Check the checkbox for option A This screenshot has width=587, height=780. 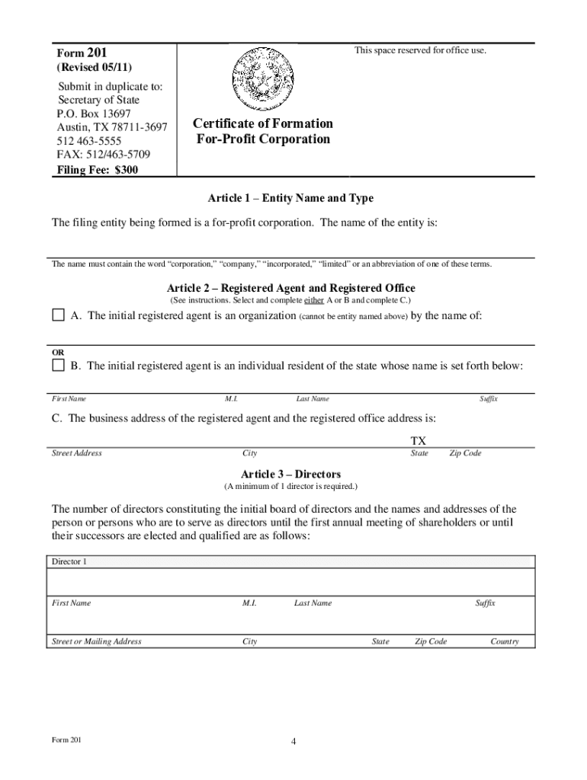pos(58,315)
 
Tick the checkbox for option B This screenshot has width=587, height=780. pos(58,366)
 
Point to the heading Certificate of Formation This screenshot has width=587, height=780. pos(263,123)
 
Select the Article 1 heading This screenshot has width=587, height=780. pos(290,198)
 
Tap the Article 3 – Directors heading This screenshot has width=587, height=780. pos(290,474)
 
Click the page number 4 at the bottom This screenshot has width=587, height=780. pos(293,743)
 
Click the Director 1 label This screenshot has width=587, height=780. pos(69,561)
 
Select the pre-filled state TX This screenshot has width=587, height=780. pos(419,441)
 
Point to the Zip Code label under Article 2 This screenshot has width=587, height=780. pos(465,453)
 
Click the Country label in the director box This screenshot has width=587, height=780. pos(505,641)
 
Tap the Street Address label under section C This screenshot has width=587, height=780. pos(76,453)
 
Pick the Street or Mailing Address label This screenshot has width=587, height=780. pos(96,641)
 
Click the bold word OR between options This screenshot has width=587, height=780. pos(58,352)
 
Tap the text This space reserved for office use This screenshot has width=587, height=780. pos(419,51)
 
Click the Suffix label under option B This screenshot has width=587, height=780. pos(488,398)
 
